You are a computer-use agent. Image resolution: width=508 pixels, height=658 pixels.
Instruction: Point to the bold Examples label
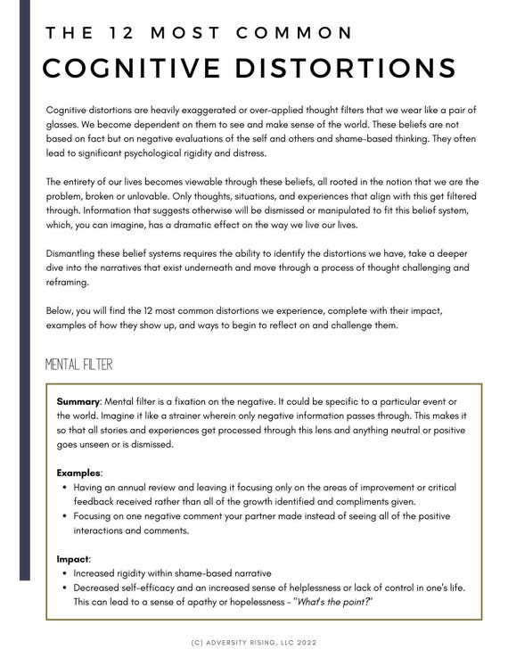[79, 472]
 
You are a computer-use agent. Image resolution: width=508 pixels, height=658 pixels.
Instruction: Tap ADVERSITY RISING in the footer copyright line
[240, 640]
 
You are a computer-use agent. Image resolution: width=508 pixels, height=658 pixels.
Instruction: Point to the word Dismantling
[74, 254]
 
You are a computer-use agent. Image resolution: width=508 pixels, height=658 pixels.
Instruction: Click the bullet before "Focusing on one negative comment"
[65, 516]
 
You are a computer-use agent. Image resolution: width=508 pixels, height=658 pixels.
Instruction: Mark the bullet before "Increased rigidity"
[65, 574]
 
